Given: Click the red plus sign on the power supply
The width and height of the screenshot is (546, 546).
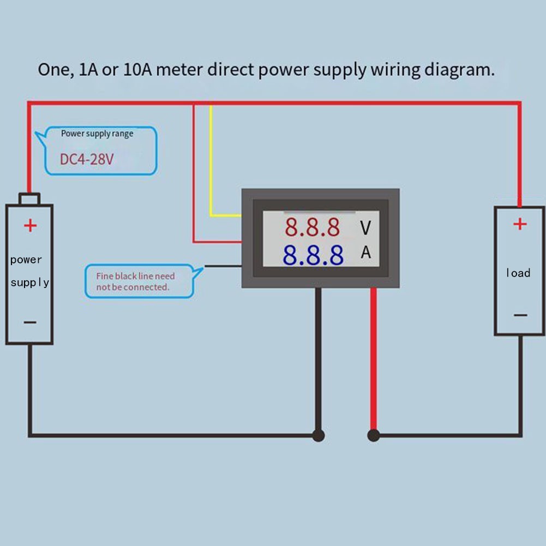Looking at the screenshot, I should tap(30, 225).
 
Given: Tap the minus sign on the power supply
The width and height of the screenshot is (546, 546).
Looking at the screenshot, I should tap(30, 322).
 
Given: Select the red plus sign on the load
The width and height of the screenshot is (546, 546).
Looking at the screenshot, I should tap(520, 224).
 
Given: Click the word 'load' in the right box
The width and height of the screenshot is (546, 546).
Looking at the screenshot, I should tap(518, 273).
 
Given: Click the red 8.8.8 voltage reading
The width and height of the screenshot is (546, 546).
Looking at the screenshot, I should tap(312, 227).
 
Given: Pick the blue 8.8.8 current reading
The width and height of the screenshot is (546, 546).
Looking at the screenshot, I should tap(313, 254).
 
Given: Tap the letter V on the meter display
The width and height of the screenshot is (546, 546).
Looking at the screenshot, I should tap(365, 227).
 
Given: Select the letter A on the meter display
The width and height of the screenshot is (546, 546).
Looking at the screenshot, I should tap(365, 253).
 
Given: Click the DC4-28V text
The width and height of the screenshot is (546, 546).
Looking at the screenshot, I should tap(87, 160).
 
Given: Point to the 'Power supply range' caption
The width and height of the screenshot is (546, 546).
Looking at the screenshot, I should tap(97, 134).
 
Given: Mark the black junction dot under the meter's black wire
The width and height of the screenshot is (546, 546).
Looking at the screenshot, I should tap(319, 435).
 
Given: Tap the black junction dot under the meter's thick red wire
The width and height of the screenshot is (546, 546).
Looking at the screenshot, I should tap(374, 435).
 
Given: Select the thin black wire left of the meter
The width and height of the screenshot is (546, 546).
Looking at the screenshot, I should tap(223, 267).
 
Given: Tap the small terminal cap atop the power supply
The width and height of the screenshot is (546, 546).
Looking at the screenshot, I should tap(29, 198).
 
